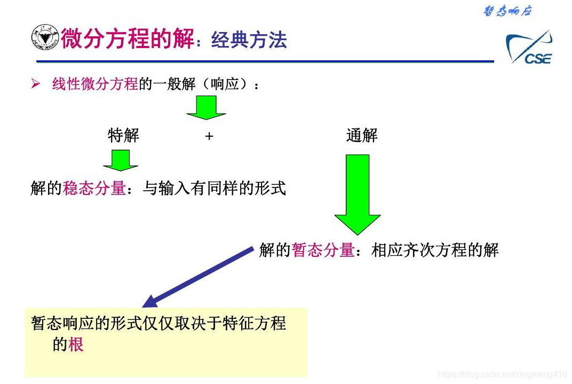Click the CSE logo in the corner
(529, 48)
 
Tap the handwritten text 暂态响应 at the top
(507, 11)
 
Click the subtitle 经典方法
(249, 40)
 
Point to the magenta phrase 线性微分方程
(95, 84)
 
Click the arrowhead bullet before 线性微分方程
(36, 84)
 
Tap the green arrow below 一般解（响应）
(206, 107)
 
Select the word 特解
(123, 136)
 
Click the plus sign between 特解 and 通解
(209, 136)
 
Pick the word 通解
(362, 136)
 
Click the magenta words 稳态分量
(94, 188)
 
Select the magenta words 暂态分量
(323, 250)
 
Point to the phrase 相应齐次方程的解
(435, 250)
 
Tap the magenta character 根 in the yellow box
(76, 344)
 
